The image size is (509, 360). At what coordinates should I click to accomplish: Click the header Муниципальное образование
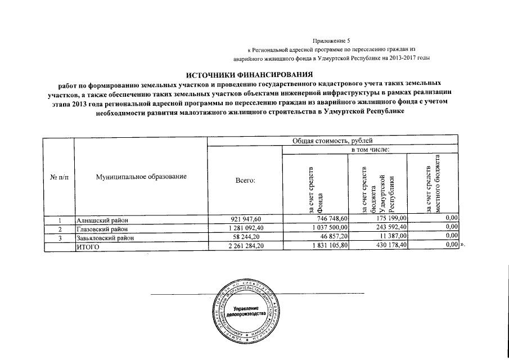pos(141,177)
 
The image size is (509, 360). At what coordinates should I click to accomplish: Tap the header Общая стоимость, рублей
pos(334,141)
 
